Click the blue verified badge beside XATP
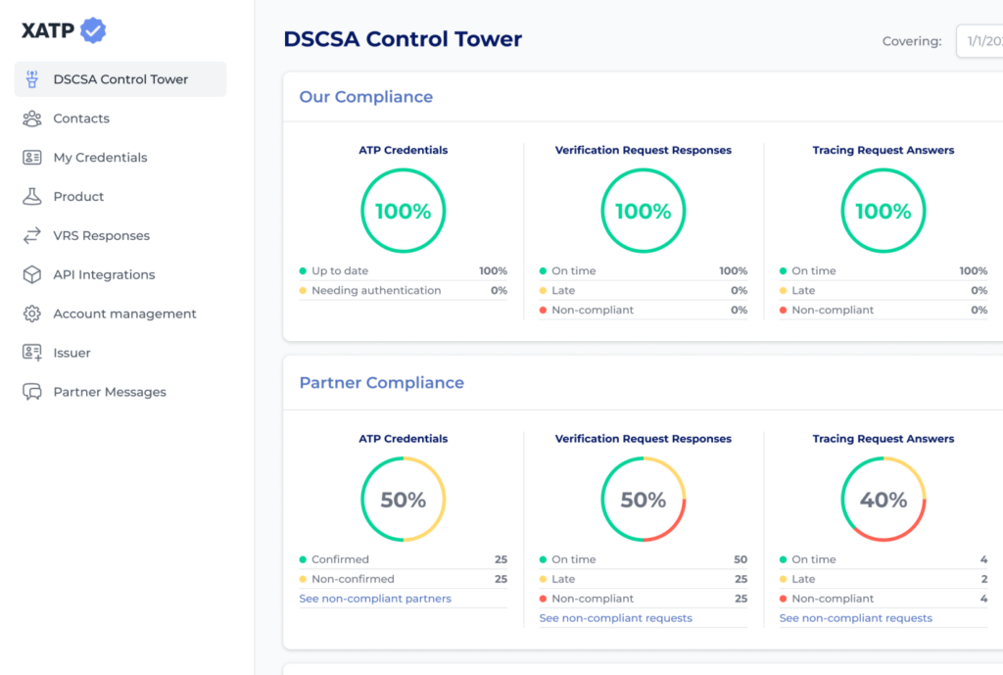point(93,30)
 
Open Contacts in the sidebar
point(81,119)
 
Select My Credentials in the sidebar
point(101,158)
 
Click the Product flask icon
point(32,196)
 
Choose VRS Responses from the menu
point(102,235)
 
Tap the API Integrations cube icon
point(32,274)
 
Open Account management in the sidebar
point(124,313)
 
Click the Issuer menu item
point(72,353)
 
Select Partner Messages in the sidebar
point(110,392)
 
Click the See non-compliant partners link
point(375,599)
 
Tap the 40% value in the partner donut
point(884,500)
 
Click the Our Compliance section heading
point(366,97)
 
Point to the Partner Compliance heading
point(382,383)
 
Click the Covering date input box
point(979,41)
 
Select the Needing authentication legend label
point(376,290)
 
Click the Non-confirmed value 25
point(501,579)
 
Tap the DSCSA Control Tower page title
point(403,39)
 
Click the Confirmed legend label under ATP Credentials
point(340,559)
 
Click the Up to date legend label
point(340,270)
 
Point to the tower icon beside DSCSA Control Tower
point(32,79)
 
